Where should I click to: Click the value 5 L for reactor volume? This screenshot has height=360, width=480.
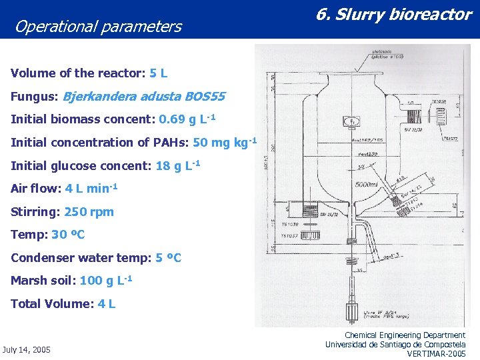[x=159, y=73]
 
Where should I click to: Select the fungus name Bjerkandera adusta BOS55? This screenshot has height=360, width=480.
[x=143, y=97]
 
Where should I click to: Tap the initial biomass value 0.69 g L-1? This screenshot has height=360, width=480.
[x=187, y=119]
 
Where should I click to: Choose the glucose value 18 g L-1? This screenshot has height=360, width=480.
[x=178, y=165]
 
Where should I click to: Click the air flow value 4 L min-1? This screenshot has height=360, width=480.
[x=91, y=189]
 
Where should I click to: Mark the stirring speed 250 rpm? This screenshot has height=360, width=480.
[x=89, y=212]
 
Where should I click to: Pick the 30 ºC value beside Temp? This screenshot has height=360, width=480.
[x=68, y=235]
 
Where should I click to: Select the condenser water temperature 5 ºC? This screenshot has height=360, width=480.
[x=168, y=257]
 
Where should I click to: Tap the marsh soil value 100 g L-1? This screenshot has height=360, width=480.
[x=105, y=280]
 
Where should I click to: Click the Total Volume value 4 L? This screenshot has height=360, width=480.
[x=107, y=304]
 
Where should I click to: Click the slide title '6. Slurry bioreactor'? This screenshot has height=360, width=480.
[x=393, y=15]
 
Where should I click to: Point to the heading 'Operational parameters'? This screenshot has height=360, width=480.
[x=98, y=27]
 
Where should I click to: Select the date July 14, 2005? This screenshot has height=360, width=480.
[x=27, y=349]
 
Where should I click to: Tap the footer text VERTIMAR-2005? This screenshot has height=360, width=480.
[x=436, y=353]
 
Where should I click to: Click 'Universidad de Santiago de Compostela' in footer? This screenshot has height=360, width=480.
[x=395, y=344]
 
